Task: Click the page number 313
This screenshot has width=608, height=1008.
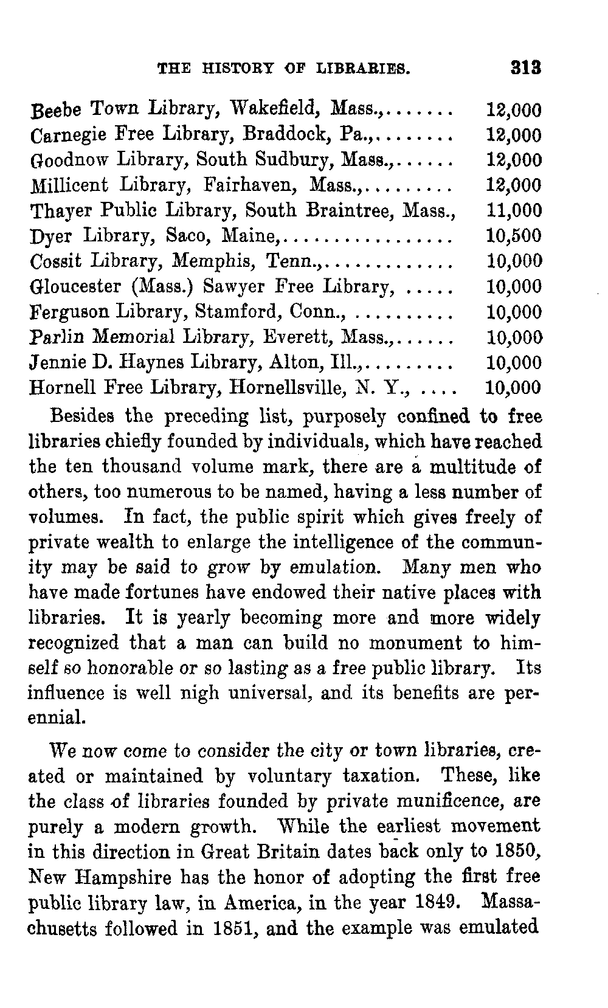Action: click(526, 67)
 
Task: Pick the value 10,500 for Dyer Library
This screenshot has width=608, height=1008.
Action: click(514, 236)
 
